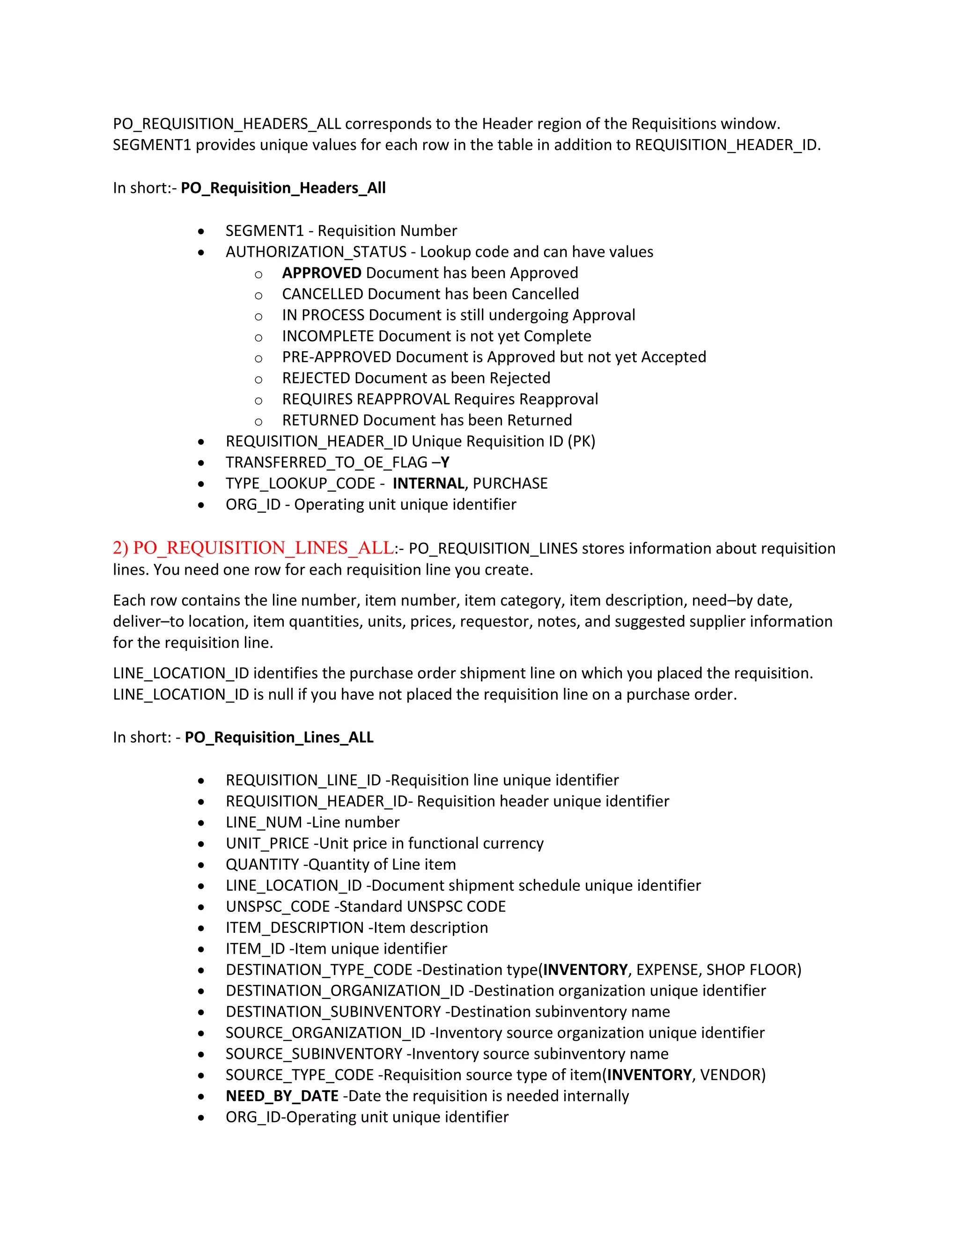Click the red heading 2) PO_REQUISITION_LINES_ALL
coord(253,548)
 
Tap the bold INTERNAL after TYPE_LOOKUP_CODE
coord(428,484)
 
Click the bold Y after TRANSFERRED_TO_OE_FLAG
coord(445,463)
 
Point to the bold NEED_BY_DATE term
coord(282,1096)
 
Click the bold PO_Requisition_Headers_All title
coord(283,188)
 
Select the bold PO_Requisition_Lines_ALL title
coord(279,738)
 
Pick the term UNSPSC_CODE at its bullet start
coord(277,906)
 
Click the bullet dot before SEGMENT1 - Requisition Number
coord(201,232)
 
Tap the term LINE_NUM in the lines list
coord(264,822)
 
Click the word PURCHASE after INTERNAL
coord(509,484)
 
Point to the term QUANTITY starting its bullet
coord(262,864)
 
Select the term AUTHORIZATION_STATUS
coord(316,252)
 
